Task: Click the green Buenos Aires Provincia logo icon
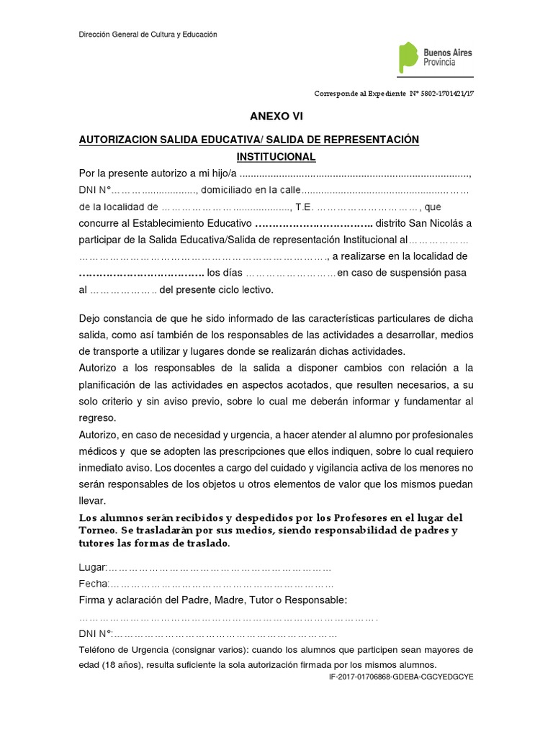point(408,57)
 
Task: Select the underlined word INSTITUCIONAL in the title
point(276,156)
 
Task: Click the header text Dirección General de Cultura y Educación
point(148,35)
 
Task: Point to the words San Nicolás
point(430,223)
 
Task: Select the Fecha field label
point(94,584)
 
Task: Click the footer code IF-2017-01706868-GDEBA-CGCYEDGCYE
point(401,677)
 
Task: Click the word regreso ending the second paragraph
point(97,417)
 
